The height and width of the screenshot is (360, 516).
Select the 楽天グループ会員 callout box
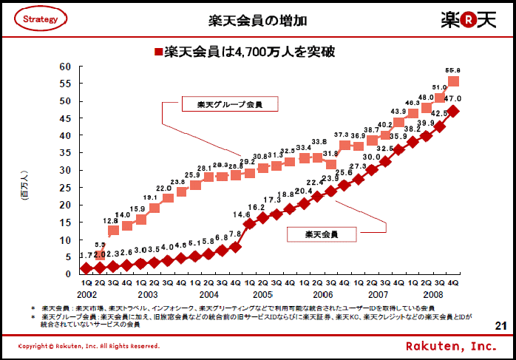click(220, 104)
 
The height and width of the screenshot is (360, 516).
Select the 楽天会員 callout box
click(321, 234)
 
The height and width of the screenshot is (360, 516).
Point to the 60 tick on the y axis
click(66, 67)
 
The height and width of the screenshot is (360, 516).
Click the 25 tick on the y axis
click(66, 187)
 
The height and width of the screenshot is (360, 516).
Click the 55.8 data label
click(452, 70)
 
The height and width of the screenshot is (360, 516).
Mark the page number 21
click(500, 325)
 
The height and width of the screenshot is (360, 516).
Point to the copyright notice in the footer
click(88, 346)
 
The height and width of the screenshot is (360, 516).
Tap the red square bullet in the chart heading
click(157, 52)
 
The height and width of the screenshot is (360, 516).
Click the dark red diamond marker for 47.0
click(454, 111)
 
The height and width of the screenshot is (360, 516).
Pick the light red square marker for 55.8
click(454, 81)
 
